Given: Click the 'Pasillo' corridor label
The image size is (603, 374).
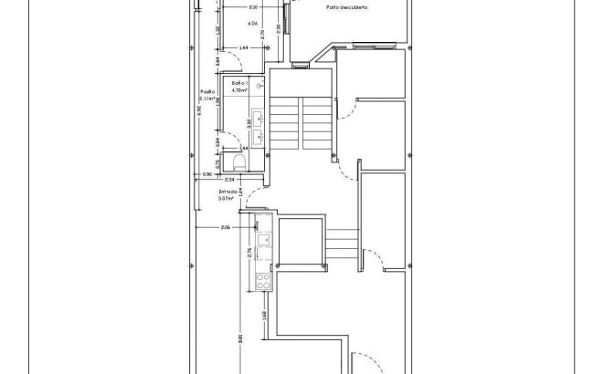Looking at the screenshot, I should tap(206, 91).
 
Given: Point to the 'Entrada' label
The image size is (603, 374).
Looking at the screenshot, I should tap(227, 192).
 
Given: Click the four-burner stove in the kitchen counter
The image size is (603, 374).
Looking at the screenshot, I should tap(262, 281).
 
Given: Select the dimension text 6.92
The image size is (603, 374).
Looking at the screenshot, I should tap(198, 111).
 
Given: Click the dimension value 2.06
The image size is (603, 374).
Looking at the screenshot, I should tap(225, 226).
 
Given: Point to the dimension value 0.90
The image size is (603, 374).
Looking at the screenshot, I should tap(206, 173).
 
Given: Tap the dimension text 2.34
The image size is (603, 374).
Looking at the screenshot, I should tap(228, 180).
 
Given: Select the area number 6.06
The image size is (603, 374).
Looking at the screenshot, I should tap(252, 23).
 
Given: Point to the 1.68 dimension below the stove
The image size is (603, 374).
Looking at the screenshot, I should tap(263, 316).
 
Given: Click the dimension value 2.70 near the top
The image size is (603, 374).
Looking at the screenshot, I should tap(264, 34).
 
